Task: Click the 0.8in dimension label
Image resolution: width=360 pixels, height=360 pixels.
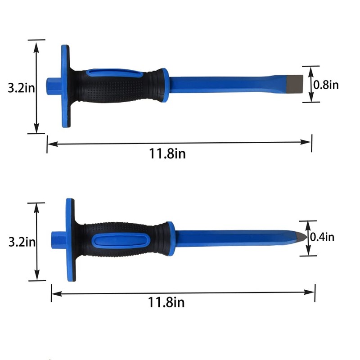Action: click(x=326, y=85)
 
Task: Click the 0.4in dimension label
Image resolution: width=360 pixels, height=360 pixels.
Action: click(x=322, y=237)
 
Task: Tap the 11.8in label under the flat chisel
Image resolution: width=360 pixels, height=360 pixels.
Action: click(x=167, y=153)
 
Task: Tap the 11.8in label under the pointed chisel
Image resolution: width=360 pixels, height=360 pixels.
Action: click(x=166, y=302)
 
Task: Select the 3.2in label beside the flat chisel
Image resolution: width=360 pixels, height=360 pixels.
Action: click(x=21, y=87)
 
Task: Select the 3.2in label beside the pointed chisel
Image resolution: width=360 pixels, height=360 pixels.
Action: click(x=22, y=242)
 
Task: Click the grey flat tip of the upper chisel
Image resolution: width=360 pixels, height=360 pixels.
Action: click(x=295, y=84)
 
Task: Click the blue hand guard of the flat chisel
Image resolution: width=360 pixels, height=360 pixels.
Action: click(x=66, y=86)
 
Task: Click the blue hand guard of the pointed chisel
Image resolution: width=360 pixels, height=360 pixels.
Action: click(x=70, y=240)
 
